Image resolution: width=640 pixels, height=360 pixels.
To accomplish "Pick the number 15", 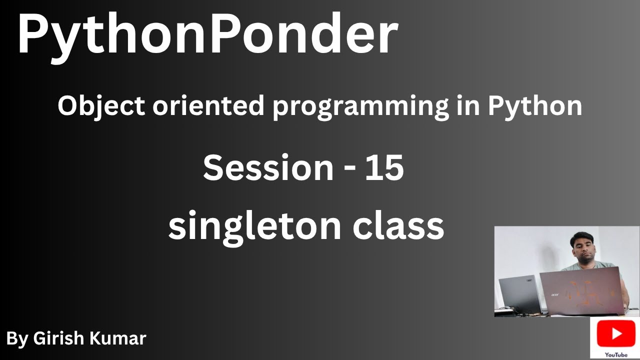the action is (x=384, y=167).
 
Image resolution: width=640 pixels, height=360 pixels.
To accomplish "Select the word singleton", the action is (x=254, y=227).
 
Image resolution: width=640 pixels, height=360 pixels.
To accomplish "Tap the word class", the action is (x=398, y=225).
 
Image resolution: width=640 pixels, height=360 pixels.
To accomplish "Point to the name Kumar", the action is (x=117, y=338).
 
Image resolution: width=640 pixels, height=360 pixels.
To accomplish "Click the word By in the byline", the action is (x=17, y=339).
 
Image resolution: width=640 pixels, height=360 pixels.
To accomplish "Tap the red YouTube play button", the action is (x=616, y=333).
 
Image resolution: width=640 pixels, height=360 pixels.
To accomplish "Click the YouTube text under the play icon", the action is (x=616, y=355).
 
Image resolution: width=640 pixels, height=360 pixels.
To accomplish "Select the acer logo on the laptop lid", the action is (x=554, y=294).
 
